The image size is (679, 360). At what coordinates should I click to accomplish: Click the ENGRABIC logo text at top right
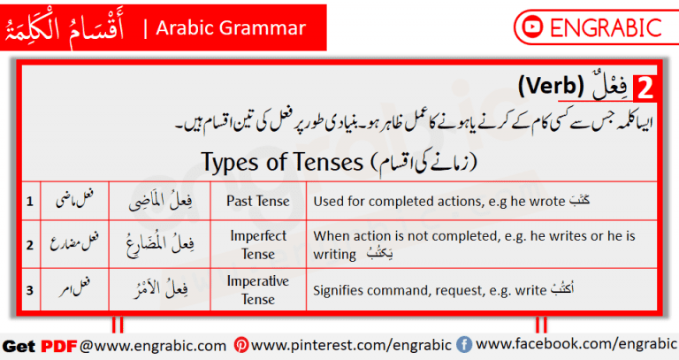pyautogui.click(x=605, y=27)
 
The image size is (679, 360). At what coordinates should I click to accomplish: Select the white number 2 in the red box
pyautogui.click(x=645, y=88)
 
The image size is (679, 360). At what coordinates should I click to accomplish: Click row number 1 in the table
pyautogui.click(x=29, y=201)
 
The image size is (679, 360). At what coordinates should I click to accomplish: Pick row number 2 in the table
pyautogui.click(x=29, y=245)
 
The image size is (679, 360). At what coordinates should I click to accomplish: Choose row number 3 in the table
pyautogui.click(x=29, y=289)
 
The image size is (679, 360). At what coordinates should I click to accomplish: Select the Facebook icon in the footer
pyautogui.click(x=464, y=344)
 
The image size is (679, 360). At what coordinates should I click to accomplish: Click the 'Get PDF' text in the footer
pyautogui.click(x=40, y=344)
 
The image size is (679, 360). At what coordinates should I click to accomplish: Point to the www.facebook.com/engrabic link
pyautogui.click(x=575, y=343)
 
